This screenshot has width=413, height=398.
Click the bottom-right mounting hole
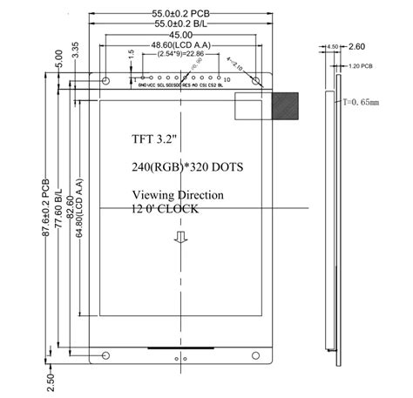tap(256, 354)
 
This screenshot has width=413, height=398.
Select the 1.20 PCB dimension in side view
tap(361, 66)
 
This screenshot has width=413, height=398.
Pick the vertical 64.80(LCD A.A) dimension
tap(80, 213)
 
